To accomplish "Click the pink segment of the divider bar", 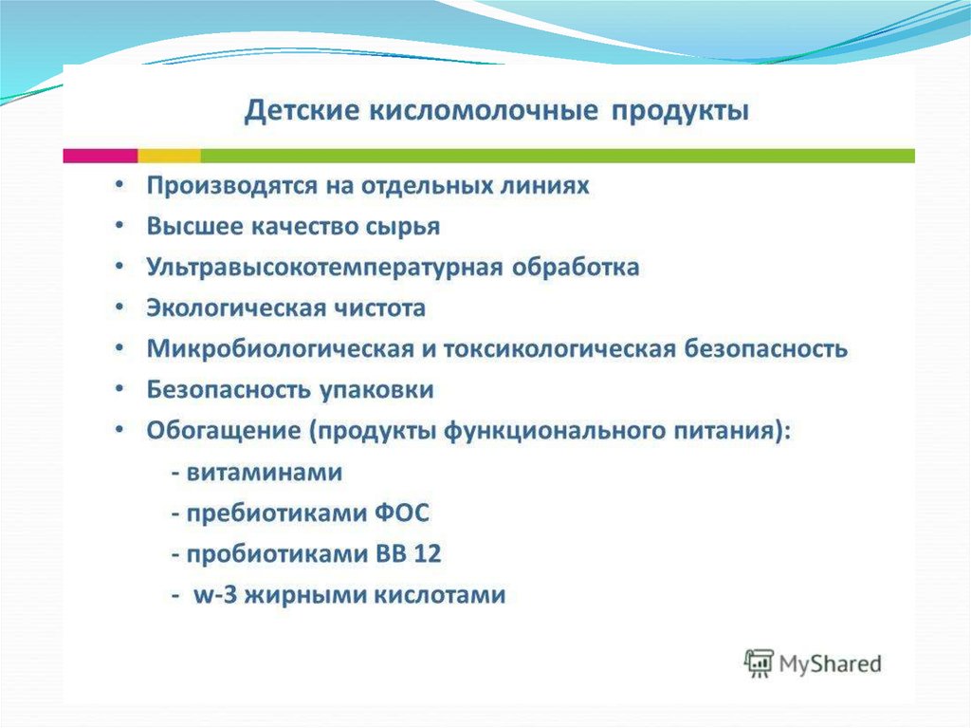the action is pos(101,156).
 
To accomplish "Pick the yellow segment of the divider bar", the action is pos(169,156).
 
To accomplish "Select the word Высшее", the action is pos(194,226).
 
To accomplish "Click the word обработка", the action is pos(576,267).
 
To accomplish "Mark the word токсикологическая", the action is pos(559,348).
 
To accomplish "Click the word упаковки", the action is pos(376,391).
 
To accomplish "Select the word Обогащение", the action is pos(224,431).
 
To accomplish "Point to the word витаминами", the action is pos(265,473).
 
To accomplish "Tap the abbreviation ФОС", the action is pos(402,513).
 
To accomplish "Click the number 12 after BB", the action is pos(428,553).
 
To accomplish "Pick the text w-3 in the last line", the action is pos(215,595).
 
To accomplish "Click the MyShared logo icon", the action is pos(759,663).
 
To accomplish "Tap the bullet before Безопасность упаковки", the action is pos(119,389).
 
